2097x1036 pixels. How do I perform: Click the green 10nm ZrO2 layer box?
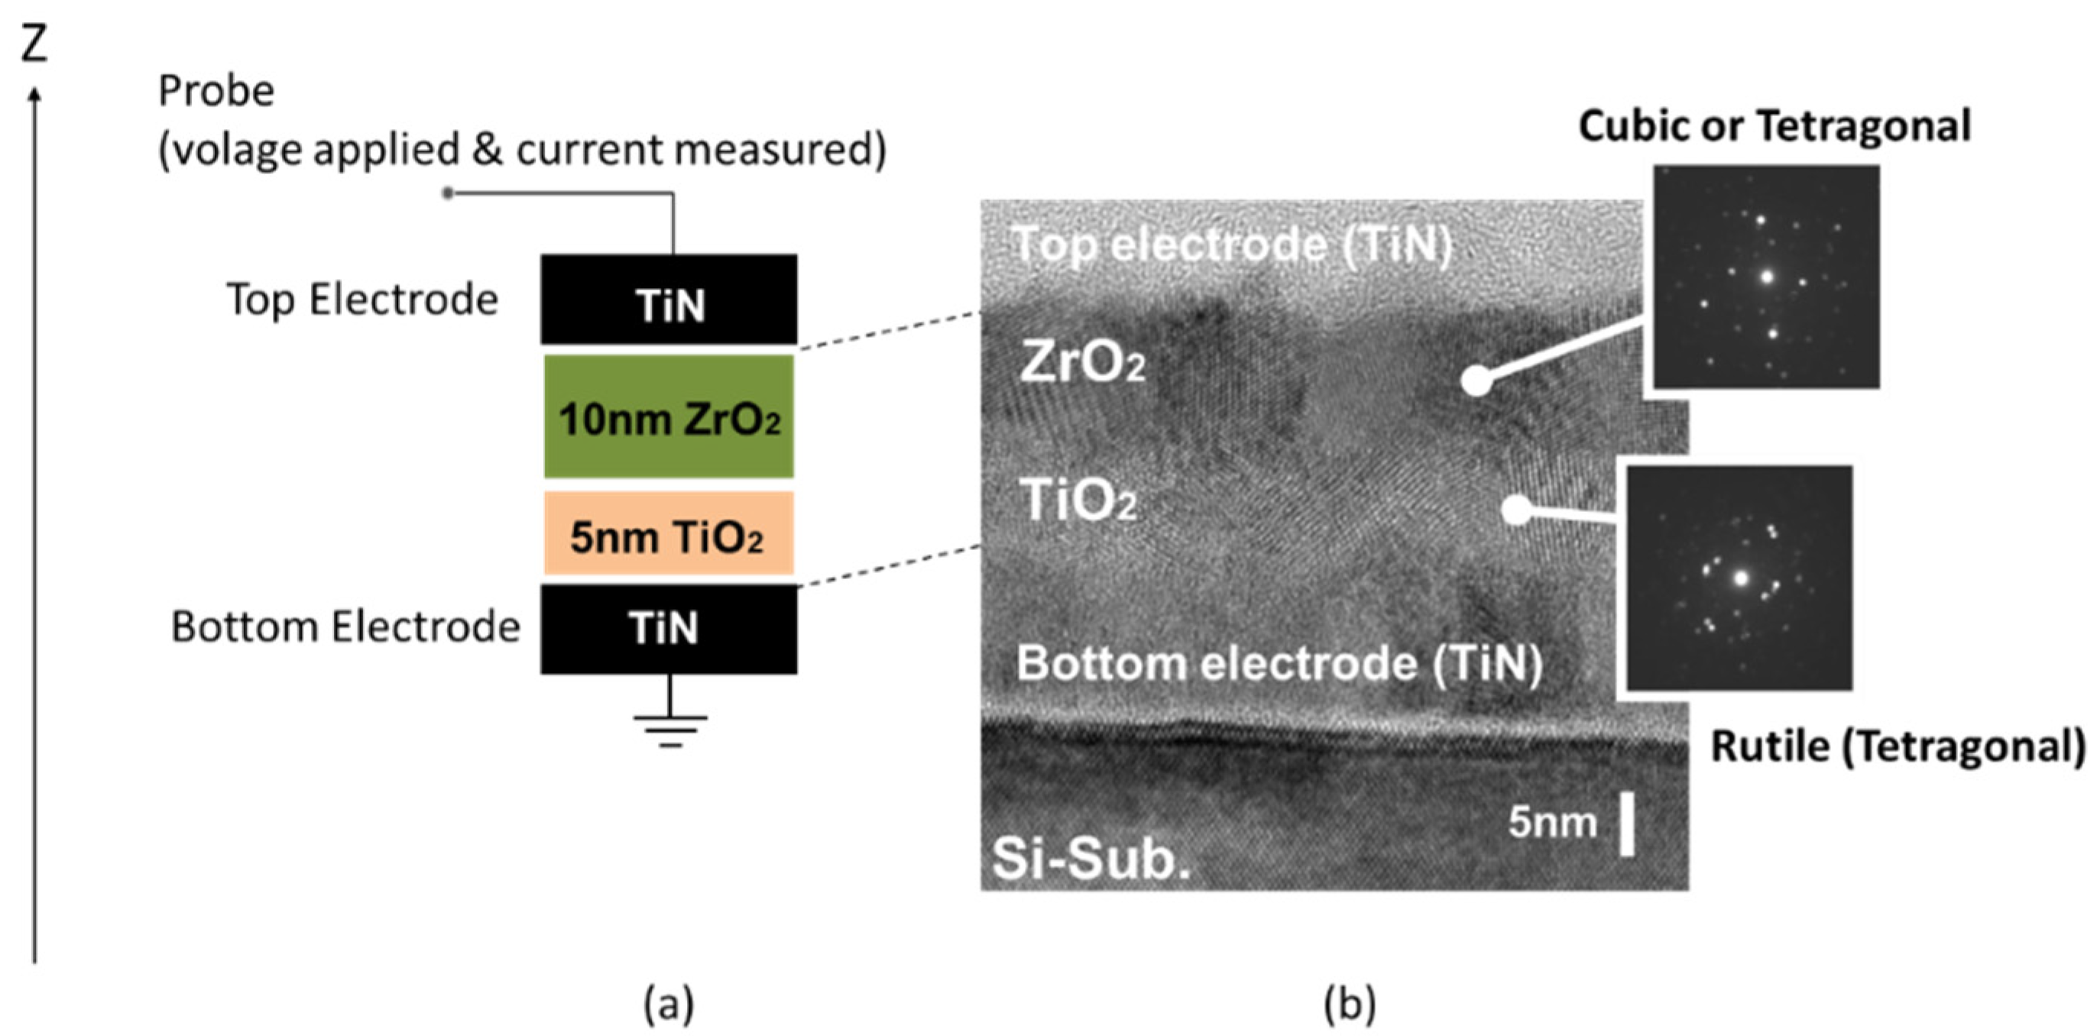pos(669,416)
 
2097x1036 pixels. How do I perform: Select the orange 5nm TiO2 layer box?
pos(669,534)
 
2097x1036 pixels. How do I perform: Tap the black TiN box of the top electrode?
pos(669,299)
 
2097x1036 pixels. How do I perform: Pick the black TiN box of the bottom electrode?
pos(669,628)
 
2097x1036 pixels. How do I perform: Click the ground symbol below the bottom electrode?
pos(670,728)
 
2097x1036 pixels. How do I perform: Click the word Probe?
pos(216,91)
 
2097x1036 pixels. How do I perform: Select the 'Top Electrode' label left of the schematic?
pos(361,299)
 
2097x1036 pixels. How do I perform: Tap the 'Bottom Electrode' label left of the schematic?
pos(345,627)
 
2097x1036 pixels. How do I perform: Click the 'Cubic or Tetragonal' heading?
pos(1774,126)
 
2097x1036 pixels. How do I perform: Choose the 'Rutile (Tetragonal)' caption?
pos(1898,746)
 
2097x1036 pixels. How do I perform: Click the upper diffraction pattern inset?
pos(1767,277)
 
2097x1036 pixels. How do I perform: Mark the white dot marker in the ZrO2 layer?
pos(1475,380)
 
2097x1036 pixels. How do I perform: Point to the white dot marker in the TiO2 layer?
pos(1515,510)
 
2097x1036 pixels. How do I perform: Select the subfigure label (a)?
pos(669,1006)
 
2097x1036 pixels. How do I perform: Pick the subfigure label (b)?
pos(1350,1006)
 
